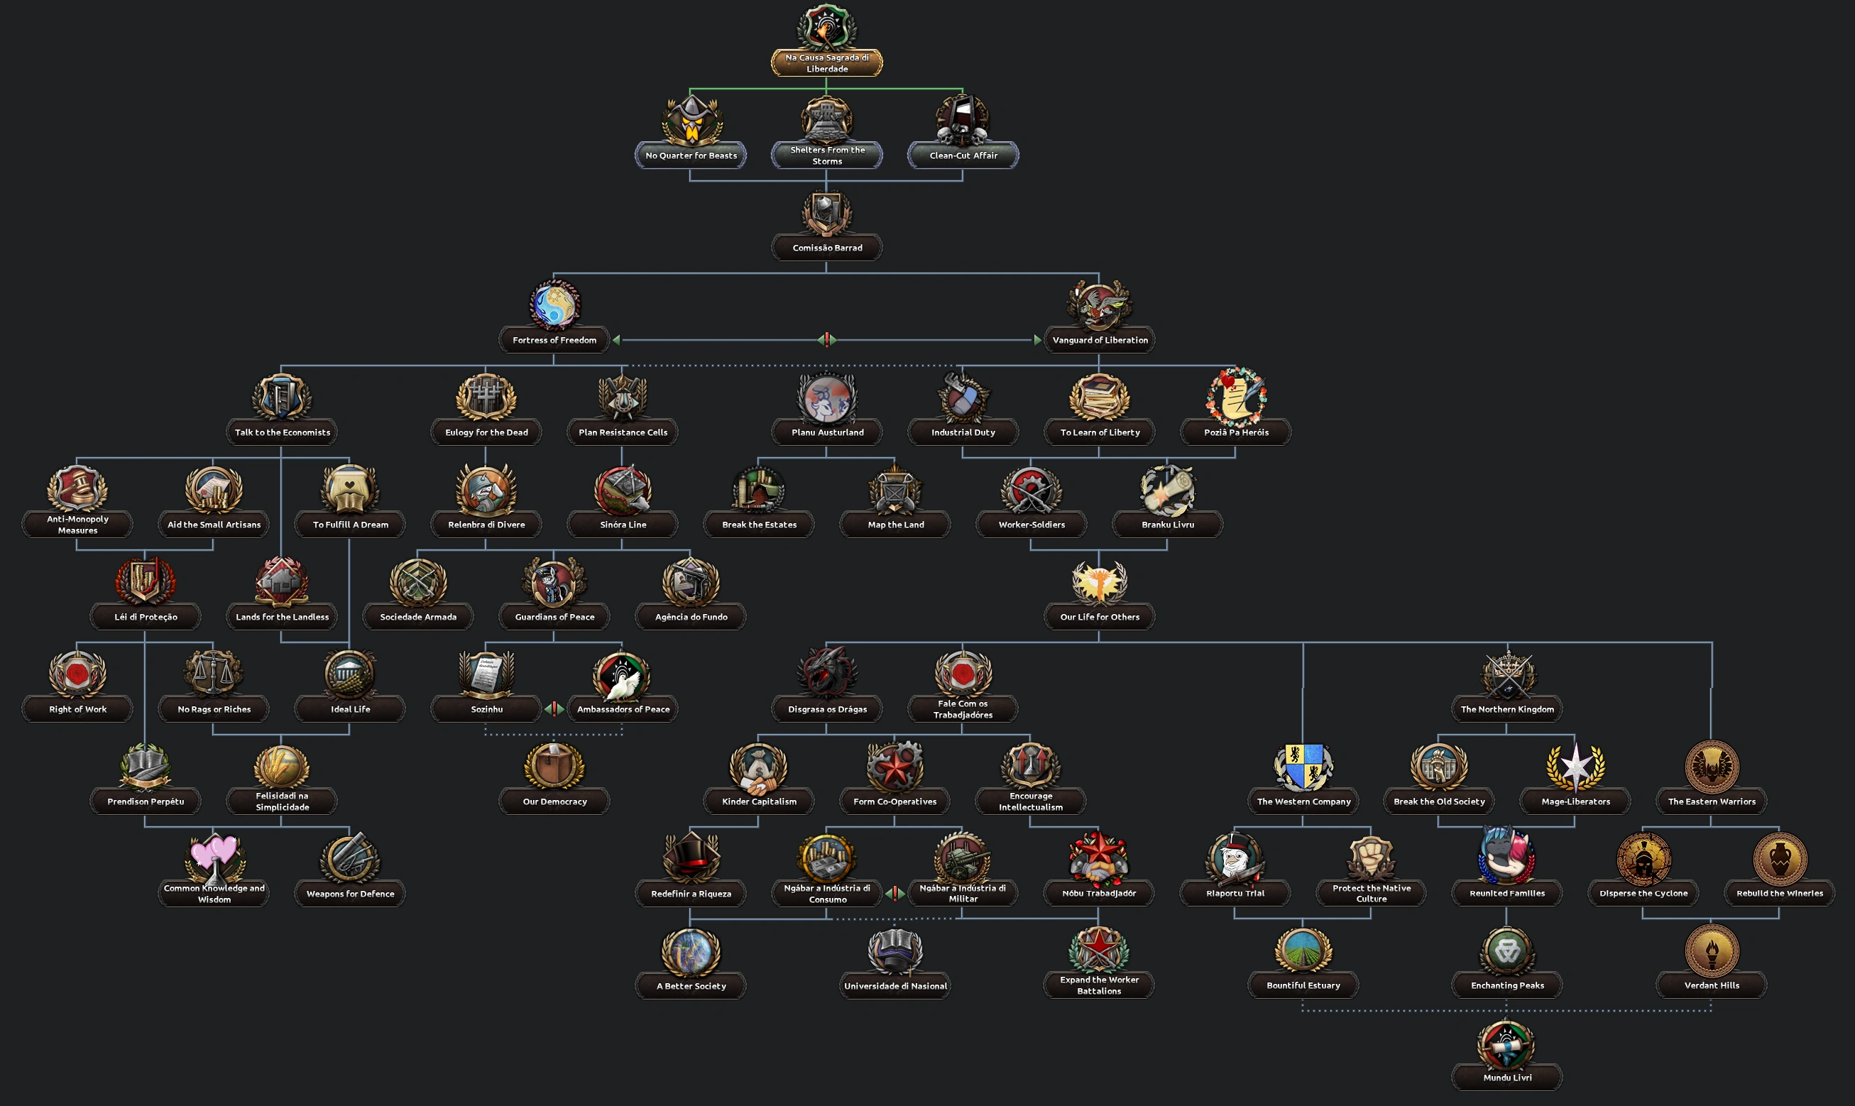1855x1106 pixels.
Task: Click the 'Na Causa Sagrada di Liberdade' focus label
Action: pyautogui.click(x=826, y=63)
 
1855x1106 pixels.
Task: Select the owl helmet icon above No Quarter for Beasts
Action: pyautogui.click(x=691, y=119)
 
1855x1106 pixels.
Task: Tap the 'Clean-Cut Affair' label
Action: pyautogui.click(x=963, y=155)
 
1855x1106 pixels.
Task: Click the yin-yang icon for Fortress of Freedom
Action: pyautogui.click(x=554, y=304)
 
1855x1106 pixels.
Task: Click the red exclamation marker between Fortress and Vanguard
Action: pyautogui.click(x=826, y=340)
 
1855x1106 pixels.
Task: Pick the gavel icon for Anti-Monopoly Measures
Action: pyautogui.click(x=77, y=489)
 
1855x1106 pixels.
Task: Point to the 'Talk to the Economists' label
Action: pyautogui.click(x=282, y=432)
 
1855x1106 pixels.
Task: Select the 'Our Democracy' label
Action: pyautogui.click(x=554, y=801)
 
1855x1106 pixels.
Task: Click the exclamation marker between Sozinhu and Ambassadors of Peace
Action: pyautogui.click(x=554, y=708)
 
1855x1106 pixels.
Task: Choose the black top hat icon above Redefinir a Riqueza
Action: pyautogui.click(x=691, y=857)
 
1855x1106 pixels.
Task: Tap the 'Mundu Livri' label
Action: pyautogui.click(x=1507, y=1077)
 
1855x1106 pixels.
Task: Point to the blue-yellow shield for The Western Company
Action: pyautogui.click(x=1303, y=766)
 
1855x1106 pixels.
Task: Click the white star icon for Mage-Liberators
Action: pyautogui.click(x=1575, y=766)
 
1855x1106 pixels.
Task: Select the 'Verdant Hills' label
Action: pyautogui.click(x=1711, y=985)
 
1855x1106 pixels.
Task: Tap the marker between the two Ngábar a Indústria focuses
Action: pyautogui.click(x=895, y=893)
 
